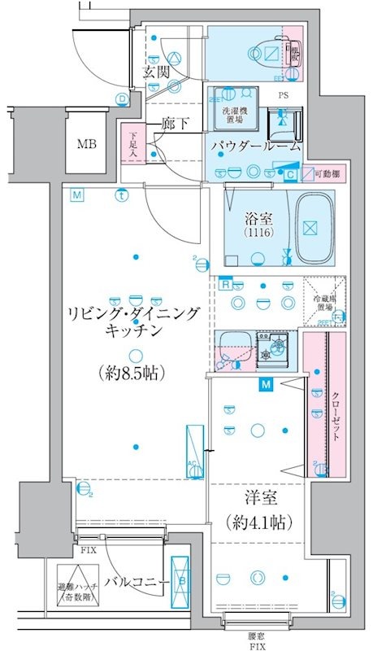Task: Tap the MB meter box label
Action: coord(86,146)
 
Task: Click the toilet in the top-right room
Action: coord(271,54)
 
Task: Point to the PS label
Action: coord(284,94)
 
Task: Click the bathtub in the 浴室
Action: coord(310,229)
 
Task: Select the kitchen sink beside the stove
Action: coord(235,351)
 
